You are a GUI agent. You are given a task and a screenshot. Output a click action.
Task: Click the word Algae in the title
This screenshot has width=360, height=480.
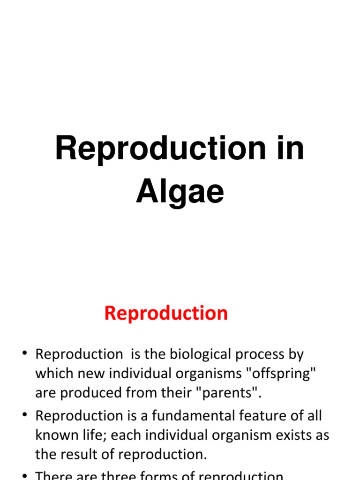[x=180, y=192]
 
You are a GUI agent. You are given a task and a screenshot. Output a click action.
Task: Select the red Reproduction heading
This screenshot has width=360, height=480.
[x=166, y=313]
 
